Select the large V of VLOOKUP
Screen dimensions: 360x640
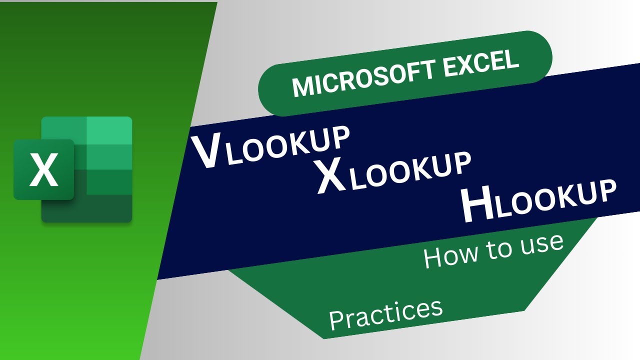pos(205,152)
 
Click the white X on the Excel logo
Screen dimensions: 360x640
pos(44,169)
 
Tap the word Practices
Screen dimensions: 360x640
pos(386,313)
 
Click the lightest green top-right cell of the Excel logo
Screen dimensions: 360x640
pos(109,130)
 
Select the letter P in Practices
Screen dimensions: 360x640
pos(336,320)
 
